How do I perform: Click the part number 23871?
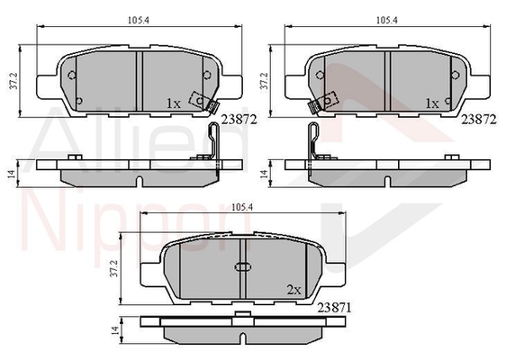(334, 308)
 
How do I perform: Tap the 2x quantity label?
(294, 290)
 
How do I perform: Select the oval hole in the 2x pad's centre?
(243, 267)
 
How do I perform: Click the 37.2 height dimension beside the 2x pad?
(113, 269)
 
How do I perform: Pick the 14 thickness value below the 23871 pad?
(113, 330)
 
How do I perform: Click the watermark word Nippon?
(136, 227)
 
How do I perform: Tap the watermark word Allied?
(140, 139)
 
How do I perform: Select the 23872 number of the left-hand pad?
(239, 120)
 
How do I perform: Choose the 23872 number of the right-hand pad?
(479, 120)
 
